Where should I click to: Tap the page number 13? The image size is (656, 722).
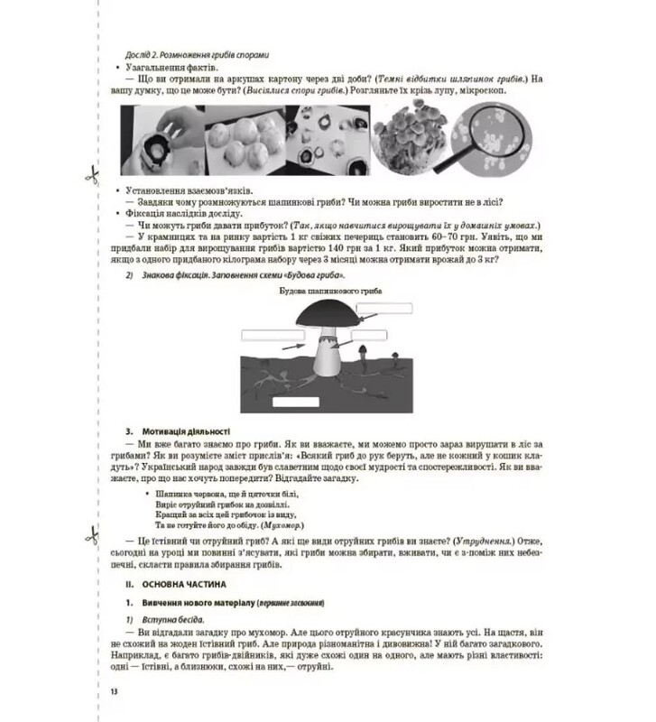[114, 691]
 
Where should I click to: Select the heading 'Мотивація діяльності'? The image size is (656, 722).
[185, 431]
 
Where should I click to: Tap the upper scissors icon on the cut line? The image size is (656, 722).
[90, 175]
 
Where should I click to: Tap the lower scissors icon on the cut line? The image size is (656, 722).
[90, 536]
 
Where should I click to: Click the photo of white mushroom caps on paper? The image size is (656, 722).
[245, 135]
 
